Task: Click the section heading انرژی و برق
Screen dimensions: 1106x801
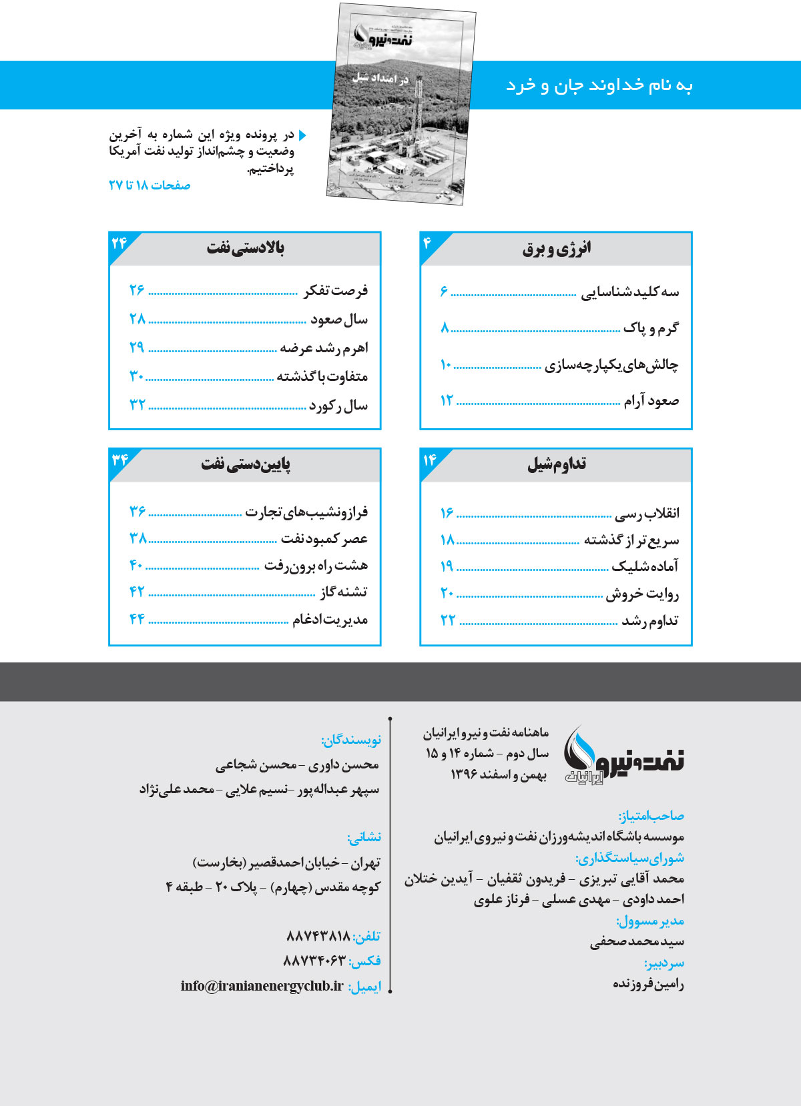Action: [556, 249]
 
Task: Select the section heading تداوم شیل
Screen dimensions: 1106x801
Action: [557, 464]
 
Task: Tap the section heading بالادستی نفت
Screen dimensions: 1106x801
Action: [245, 248]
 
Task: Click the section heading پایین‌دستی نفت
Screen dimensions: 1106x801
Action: [246, 464]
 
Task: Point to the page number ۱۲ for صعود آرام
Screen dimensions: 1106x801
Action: [447, 400]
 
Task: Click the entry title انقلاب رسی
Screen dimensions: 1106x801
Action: [647, 513]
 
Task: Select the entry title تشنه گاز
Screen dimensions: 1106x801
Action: [343, 592]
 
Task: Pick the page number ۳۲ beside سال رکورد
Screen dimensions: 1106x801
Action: [137, 405]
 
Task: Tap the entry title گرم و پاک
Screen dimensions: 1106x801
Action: [651, 328]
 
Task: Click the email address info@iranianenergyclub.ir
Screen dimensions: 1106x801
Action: [262, 986]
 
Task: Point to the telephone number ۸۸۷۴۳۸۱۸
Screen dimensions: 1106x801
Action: [318, 937]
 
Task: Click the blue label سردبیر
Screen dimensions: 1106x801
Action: [664, 963]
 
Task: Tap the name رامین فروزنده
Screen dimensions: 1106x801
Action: [648, 984]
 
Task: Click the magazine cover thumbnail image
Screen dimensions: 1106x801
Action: [401, 103]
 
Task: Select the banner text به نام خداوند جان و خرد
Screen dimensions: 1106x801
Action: [599, 85]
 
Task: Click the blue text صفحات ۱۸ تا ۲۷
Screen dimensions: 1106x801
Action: [150, 185]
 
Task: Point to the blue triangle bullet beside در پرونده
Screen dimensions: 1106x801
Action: [302, 135]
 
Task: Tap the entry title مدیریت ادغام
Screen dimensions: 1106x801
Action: [330, 620]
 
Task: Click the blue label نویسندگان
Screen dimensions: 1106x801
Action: [350, 740]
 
